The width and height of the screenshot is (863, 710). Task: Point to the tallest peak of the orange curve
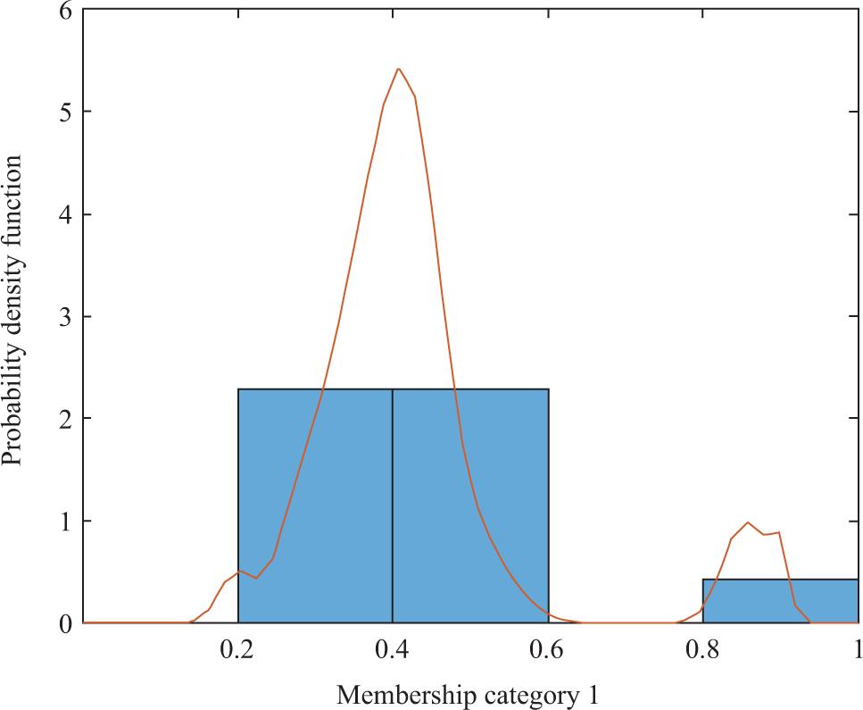[x=398, y=69]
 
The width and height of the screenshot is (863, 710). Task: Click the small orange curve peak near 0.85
[x=748, y=522]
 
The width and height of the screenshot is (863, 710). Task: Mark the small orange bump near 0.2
[x=238, y=571]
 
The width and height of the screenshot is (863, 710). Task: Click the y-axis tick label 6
[x=63, y=10]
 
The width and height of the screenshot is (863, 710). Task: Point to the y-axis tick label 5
[x=63, y=112]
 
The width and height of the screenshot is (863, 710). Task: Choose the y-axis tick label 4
[x=63, y=214]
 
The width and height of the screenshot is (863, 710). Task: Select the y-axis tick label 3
[x=63, y=316]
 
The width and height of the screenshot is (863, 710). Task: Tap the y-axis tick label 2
[x=63, y=419]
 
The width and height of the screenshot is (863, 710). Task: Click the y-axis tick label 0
[x=63, y=622]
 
